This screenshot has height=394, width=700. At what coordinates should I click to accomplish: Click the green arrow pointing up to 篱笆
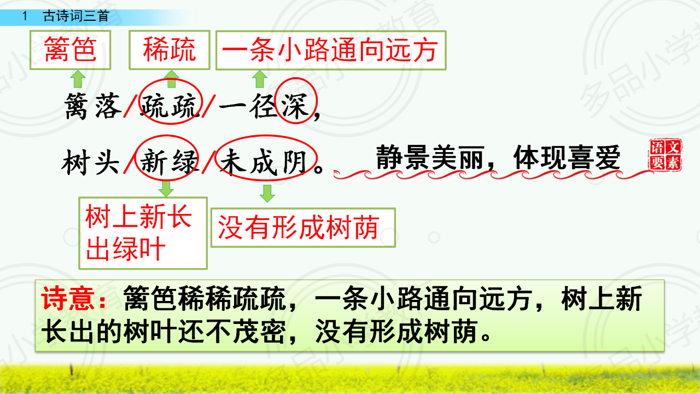78,79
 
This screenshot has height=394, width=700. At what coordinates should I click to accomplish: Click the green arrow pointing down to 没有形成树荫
267,194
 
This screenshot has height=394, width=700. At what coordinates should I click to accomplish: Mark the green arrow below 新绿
166,189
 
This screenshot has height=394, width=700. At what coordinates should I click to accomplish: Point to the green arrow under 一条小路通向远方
260,79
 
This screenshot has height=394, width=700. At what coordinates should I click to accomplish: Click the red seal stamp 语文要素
666,155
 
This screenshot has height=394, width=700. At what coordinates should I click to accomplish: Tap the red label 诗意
74,299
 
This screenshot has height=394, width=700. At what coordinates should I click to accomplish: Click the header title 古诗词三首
76,16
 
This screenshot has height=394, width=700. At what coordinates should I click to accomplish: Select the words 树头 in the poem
91,162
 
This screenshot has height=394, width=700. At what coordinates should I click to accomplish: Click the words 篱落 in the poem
93,106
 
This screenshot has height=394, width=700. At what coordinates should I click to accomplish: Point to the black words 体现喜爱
567,157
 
